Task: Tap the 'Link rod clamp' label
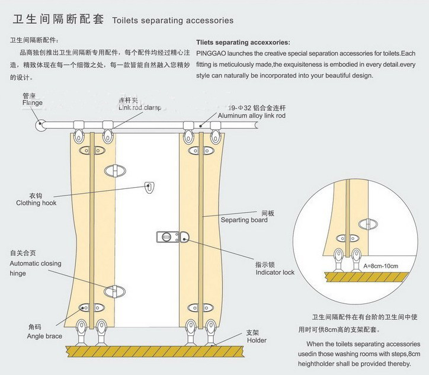click(x=139, y=107)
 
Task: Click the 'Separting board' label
click(x=244, y=220)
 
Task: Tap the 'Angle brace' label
click(x=44, y=336)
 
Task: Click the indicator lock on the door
click(x=172, y=238)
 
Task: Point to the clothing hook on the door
click(x=150, y=188)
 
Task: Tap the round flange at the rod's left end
click(x=41, y=125)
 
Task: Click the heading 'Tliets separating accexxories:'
click(x=243, y=43)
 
